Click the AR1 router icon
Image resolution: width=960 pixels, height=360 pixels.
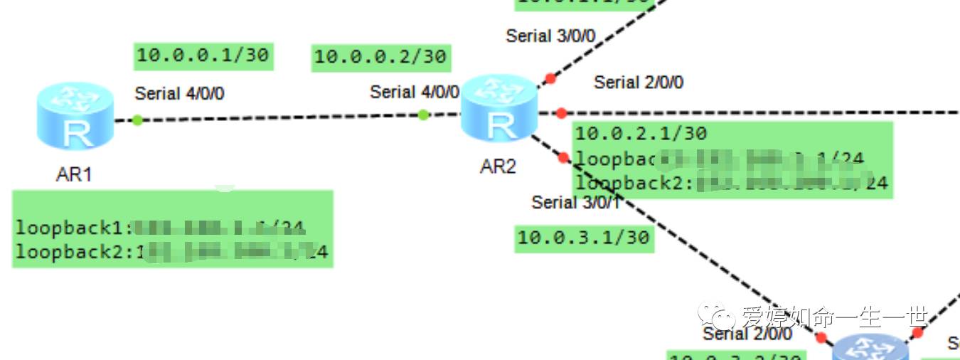coord(75,117)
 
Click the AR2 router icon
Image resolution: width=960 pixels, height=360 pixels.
coord(498,109)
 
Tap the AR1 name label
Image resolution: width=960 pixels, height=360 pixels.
coord(74,174)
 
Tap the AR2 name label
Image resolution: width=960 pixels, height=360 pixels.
coord(498,166)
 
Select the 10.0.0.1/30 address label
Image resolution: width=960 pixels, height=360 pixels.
coord(203,55)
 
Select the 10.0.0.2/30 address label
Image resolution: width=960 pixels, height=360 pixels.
coord(380,57)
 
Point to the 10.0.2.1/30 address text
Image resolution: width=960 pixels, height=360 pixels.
coord(641,133)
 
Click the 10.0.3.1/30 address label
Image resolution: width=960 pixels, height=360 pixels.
coord(584,237)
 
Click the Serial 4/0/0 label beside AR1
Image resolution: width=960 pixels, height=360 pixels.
coord(180,93)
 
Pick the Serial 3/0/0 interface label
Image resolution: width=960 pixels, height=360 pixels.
coord(550,36)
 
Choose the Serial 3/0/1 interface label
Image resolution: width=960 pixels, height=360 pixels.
coord(577,203)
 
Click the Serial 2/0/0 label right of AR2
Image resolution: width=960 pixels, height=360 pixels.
coord(639,83)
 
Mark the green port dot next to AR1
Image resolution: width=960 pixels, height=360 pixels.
coord(137,120)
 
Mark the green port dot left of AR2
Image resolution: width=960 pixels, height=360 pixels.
coord(423,115)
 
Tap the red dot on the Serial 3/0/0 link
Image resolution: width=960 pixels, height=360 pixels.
coord(549,78)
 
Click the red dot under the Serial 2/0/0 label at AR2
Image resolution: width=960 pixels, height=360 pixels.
coord(561,113)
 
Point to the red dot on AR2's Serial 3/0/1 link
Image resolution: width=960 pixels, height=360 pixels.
coord(564,158)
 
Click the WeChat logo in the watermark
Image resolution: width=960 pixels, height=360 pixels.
coord(715,314)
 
